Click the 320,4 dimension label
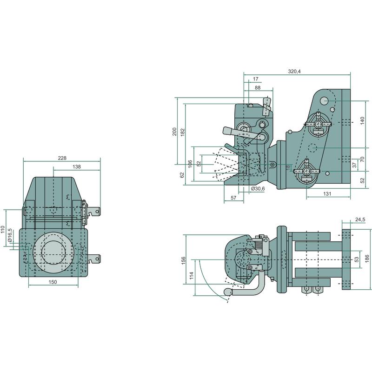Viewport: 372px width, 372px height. [x=295, y=71]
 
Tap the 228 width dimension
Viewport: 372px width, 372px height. [x=62, y=158]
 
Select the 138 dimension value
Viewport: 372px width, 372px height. [x=77, y=166]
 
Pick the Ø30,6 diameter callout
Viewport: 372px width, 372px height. [x=257, y=189]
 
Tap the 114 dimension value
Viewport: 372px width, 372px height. [x=192, y=276]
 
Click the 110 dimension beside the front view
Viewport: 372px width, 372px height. [x=3, y=229]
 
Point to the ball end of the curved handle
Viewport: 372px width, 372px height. [x=228, y=292]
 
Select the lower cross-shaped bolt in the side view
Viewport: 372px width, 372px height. [x=306, y=170]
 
